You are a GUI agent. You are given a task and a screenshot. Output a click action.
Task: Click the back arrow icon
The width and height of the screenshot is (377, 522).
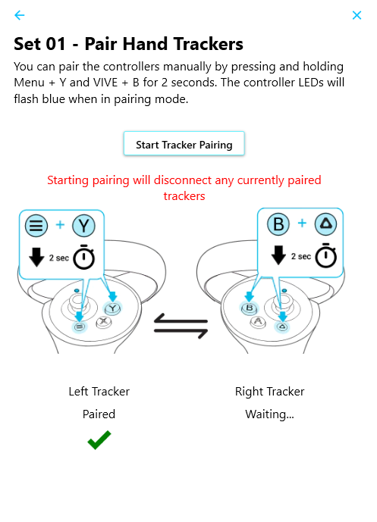click(19, 15)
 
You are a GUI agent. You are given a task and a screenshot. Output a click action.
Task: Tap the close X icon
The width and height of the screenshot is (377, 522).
click(357, 15)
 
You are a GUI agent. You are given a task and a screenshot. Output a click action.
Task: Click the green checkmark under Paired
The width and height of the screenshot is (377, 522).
click(99, 439)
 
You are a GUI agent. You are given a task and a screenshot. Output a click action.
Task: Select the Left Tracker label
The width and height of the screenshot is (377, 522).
click(99, 392)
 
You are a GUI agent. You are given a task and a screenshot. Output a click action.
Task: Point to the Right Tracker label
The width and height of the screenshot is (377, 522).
click(270, 392)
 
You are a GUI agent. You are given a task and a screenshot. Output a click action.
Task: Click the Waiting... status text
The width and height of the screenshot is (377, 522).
click(270, 414)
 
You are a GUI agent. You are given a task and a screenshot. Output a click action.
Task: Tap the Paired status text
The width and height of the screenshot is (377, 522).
click(99, 414)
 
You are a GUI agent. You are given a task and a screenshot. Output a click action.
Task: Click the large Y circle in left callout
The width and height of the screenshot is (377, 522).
click(83, 225)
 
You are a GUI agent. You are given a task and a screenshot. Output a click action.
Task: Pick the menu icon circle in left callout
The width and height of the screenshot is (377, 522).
click(36, 225)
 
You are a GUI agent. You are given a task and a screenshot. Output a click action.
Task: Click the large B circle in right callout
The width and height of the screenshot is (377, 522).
click(278, 224)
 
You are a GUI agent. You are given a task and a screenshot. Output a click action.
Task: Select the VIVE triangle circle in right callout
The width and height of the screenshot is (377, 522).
click(325, 224)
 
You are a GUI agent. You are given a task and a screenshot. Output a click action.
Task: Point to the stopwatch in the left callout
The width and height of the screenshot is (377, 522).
click(83, 257)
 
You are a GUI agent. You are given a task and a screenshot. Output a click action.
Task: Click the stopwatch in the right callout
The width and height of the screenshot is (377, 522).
click(326, 255)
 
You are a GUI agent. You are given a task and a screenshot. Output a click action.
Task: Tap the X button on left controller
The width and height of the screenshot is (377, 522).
click(104, 321)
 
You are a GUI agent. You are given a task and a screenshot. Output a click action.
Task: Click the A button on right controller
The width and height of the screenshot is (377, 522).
click(258, 321)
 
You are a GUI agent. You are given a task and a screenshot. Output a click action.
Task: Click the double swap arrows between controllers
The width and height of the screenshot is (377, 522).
click(181, 326)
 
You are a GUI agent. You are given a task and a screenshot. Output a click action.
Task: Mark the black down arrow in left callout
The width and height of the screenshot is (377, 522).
click(36, 257)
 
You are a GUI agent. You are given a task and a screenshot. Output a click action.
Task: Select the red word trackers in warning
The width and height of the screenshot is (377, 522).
click(184, 196)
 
